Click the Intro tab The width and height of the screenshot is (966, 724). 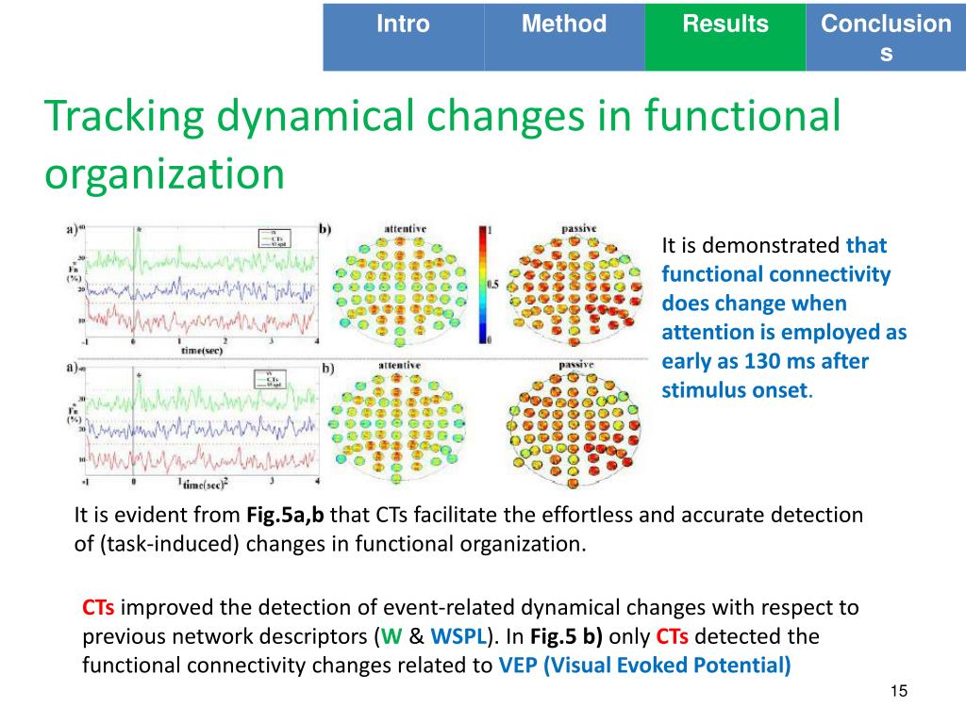click(x=403, y=25)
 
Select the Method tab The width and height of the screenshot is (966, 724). click(x=564, y=25)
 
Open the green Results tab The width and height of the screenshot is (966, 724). click(x=725, y=25)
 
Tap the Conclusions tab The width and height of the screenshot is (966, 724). click(x=886, y=38)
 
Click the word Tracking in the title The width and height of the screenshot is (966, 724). click(x=124, y=117)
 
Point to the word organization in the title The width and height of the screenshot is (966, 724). click(x=164, y=173)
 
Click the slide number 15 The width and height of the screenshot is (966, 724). click(x=898, y=693)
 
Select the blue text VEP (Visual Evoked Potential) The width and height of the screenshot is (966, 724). click(x=644, y=665)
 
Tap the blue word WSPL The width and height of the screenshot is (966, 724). click(x=456, y=636)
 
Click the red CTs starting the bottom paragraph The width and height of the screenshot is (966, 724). click(x=99, y=608)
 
